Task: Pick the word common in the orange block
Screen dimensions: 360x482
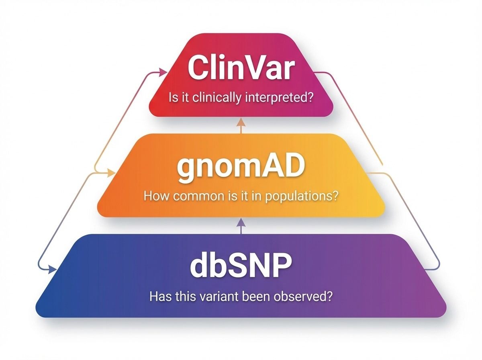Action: (x=196, y=197)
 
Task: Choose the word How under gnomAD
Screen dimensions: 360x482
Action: (x=154, y=197)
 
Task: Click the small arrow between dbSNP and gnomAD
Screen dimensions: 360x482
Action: (x=240, y=224)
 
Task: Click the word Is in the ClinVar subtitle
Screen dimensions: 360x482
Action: (x=173, y=98)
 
